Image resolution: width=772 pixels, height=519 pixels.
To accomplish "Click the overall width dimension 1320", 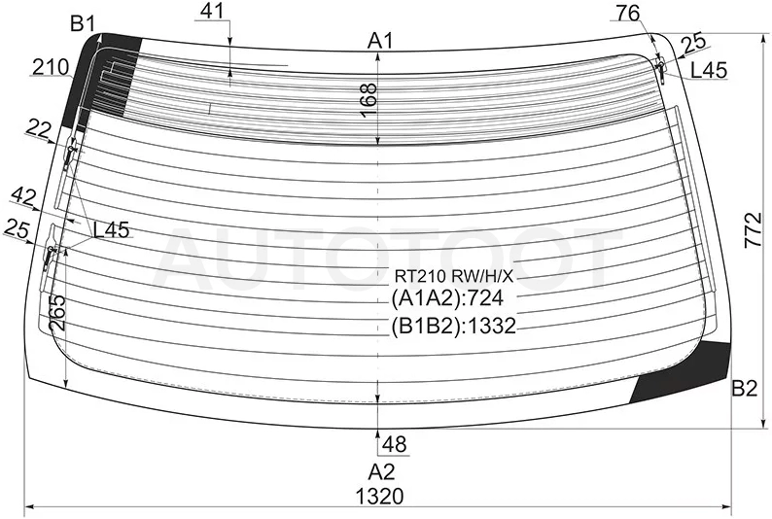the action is coord(379,496).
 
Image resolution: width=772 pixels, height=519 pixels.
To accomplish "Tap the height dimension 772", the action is coord(753,230).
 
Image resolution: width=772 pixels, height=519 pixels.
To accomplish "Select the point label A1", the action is coord(380,41).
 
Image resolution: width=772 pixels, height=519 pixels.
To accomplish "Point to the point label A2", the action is coord(381,471).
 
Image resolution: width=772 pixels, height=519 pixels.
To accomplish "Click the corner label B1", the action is coord(83,23).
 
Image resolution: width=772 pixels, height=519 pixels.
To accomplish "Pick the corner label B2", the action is coord(744,389).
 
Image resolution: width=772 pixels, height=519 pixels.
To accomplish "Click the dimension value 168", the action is coord(369,100).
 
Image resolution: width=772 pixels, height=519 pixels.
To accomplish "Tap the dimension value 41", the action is coord(213,11).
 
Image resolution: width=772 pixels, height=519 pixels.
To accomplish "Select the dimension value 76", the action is coord(628,14).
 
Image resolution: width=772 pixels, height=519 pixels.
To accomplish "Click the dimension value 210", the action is coord(51,67).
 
